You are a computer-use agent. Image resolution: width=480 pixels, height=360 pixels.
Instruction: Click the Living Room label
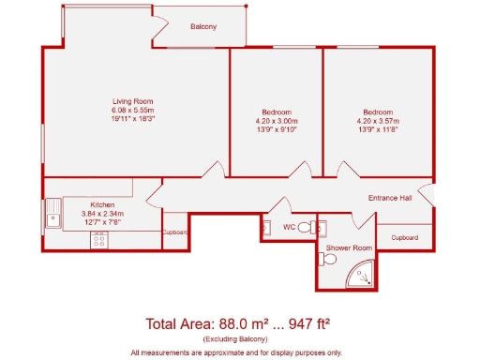coord(132,101)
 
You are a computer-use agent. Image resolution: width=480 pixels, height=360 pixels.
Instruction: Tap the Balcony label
coord(203,27)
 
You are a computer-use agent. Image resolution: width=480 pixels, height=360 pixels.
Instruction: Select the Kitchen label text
coord(102,204)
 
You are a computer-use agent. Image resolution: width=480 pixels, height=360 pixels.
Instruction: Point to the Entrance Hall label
coord(389,197)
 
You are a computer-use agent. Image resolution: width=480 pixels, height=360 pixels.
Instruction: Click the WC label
coord(291,226)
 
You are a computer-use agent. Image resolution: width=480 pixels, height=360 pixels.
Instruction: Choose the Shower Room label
coord(349,247)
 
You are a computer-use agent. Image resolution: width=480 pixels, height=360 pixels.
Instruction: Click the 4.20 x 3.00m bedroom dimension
coord(277,121)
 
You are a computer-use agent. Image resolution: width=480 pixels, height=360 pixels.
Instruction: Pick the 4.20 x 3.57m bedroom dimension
coord(379,121)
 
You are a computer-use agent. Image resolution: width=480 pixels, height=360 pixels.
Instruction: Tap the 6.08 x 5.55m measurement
coord(132,111)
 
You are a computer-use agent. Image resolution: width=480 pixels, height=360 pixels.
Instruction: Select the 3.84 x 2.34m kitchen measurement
coord(101,214)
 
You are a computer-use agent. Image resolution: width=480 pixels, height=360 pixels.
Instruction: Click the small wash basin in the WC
coord(266,226)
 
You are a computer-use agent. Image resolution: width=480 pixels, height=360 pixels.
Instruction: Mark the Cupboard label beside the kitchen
coord(175,232)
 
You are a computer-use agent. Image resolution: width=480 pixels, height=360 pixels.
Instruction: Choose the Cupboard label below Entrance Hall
coord(404,238)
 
